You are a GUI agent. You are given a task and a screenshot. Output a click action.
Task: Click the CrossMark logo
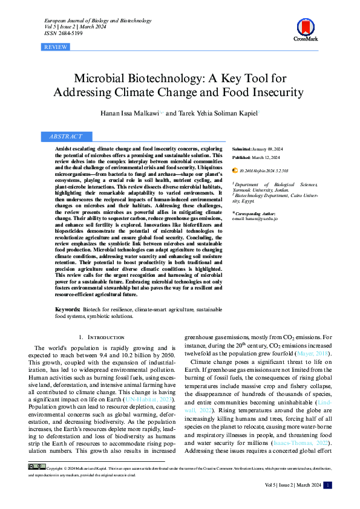(x=306, y=29)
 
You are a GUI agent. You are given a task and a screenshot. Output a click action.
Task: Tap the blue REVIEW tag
(x=56, y=47)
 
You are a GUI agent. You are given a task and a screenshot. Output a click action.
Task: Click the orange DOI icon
(x=235, y=171)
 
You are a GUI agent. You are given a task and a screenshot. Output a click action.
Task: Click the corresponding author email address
(x=255, y=218)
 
